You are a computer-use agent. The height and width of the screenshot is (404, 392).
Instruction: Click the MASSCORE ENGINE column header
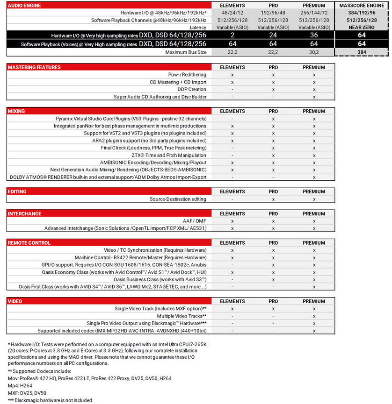click(x=362, y=5)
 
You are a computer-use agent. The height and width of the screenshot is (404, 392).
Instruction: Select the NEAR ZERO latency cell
click(x=362, y=27)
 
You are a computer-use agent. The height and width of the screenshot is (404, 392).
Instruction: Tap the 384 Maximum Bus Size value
click(x=362, y=52)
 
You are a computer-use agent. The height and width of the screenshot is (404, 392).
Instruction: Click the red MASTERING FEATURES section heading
click(x=35, y=67)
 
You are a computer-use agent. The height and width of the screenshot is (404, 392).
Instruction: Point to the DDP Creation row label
click(x=192, y=89)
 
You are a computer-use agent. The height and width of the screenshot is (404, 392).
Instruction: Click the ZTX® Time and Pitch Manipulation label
click(x=169, y=155)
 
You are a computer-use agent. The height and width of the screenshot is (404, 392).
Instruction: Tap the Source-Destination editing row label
click(x=178, y=199)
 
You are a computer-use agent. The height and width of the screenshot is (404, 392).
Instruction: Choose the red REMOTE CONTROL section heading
click(x=29, y=243)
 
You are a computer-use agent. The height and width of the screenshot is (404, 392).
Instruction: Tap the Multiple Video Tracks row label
click(x=182, y=316)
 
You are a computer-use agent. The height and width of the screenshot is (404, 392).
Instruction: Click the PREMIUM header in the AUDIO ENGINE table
click(x=314, y=5)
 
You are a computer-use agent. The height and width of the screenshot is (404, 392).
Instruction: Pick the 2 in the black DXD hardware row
click(x=232, y=35)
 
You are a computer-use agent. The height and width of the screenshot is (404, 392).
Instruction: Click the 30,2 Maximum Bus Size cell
click(x=314, y=52)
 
